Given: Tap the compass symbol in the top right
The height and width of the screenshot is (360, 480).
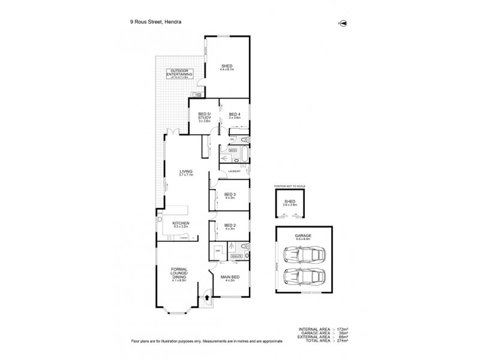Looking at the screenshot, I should coord(343,23).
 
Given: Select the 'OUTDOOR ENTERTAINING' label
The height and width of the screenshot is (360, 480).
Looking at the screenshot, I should coord(181,73).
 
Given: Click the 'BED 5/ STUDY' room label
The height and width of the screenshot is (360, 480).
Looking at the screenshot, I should coord(205,116).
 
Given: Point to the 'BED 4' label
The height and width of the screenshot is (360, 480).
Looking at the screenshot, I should coord(235,115).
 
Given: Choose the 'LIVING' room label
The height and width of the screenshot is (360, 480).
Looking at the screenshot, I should coord(185,172).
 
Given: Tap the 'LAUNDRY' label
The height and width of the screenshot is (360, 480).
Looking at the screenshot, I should coord(234,172).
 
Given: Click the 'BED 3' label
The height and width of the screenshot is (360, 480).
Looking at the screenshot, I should coord(230,194).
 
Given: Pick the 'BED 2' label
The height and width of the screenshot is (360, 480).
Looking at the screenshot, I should coord(230,226).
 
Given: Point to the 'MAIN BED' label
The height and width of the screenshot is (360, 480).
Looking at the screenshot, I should coord(230,277).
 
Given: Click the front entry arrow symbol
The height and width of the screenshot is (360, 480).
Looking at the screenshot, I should coord(208,295).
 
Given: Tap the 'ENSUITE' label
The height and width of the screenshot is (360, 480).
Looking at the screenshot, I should coord(236,256).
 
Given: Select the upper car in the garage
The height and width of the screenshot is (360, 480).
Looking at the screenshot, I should coord(305,256).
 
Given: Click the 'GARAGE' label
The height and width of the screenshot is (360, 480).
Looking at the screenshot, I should coord(303,236).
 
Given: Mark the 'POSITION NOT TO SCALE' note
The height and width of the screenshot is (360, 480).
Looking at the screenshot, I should coord(290,187).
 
